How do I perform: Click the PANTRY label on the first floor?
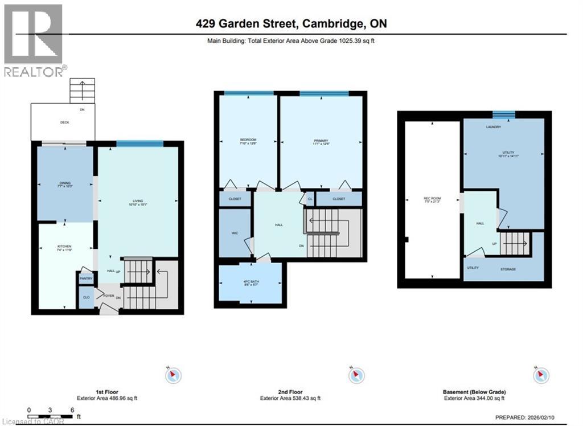point(87,278)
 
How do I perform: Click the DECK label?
point(65,122)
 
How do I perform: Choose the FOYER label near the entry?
point(109,296)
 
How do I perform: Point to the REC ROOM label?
point(432,198)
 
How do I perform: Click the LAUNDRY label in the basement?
point(494,127)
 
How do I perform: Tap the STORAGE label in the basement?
point(508,269)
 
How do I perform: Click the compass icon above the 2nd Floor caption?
point(357,375)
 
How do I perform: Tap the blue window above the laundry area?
point(503,114)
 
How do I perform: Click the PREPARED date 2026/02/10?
point(552,416)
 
